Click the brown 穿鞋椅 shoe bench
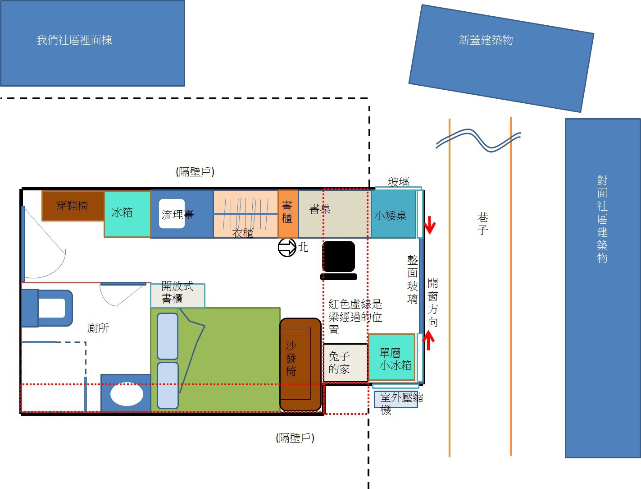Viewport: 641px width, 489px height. click(73, 206)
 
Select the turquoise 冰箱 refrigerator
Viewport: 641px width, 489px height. click(127, 214)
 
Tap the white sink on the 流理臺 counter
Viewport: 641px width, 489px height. click(172, 213)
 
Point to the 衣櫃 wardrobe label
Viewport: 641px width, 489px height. click(242, 233)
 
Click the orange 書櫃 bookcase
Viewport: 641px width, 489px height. click(288, 213)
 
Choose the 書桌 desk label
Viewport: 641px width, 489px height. click(320, 209)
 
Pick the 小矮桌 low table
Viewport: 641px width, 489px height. click(393, 214)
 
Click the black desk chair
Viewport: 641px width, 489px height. click(338, 260)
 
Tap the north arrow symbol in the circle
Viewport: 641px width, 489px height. click(287, 248)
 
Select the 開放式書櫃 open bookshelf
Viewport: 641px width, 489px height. click(177, 295)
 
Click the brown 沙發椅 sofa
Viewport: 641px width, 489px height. click(300, 364)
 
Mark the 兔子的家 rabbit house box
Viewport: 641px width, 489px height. click(346, 363)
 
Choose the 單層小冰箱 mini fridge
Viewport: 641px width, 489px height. click(391, 357)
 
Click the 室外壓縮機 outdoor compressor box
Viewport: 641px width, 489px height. click(396, 400)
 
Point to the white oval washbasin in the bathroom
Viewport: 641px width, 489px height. click(127, 394)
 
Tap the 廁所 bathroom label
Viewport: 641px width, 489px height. click(98, 328)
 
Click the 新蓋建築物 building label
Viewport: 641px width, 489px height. click(486, 40)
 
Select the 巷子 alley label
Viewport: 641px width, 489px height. click(483, 223)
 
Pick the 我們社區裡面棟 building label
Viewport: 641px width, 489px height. click(74, 40)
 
